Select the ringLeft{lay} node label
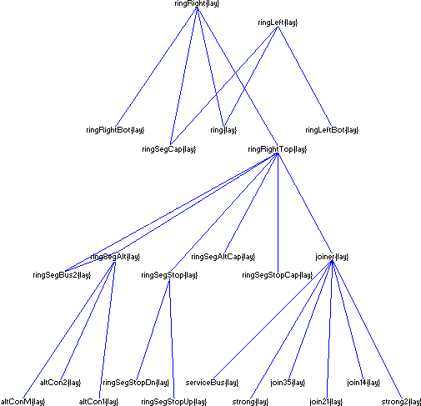click(x=278, y=23)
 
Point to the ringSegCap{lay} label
click(x=169, y=149)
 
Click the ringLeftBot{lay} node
click(x=331, y=130)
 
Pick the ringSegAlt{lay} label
click(x=115, y=257)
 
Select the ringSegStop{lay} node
click(x=169, y=274)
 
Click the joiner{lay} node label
click(x=331, y=257)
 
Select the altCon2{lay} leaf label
click(x=61, y=383)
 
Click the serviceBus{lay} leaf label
click(x=213, y=383)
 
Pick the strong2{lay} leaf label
click(x=401, y=402)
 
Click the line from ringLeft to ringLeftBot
click(x=304, y=76)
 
